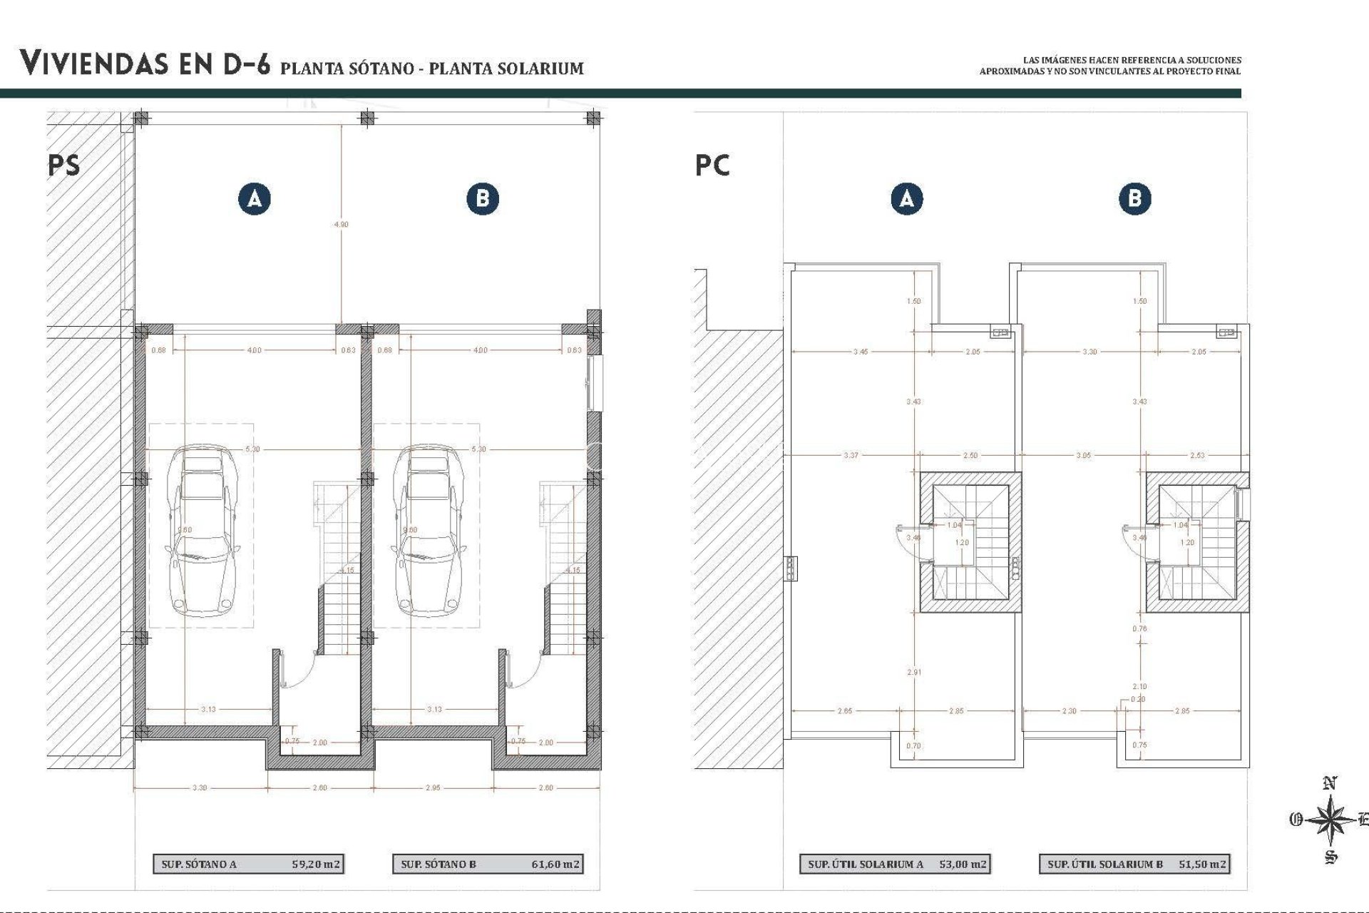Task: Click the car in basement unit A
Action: point(202,531)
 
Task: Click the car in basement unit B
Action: point(426,531)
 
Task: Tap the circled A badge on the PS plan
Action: point(255,198)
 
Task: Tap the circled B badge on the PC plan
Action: point(1134,198)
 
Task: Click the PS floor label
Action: point(64,165)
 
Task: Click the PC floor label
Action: point(712,165)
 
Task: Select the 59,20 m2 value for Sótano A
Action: point(316,864)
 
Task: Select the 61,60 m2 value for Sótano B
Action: point(555,864)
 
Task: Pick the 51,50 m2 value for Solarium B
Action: point(1202,864)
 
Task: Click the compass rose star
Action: point(1330,820)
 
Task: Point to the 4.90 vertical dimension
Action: point(342,224)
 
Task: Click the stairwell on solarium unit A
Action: point(970,542)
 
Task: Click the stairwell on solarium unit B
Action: point(1198,542)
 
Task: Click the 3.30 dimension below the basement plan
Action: point(200,787)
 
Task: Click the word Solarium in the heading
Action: point(542,68)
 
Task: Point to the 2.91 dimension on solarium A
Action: point(913,672)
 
